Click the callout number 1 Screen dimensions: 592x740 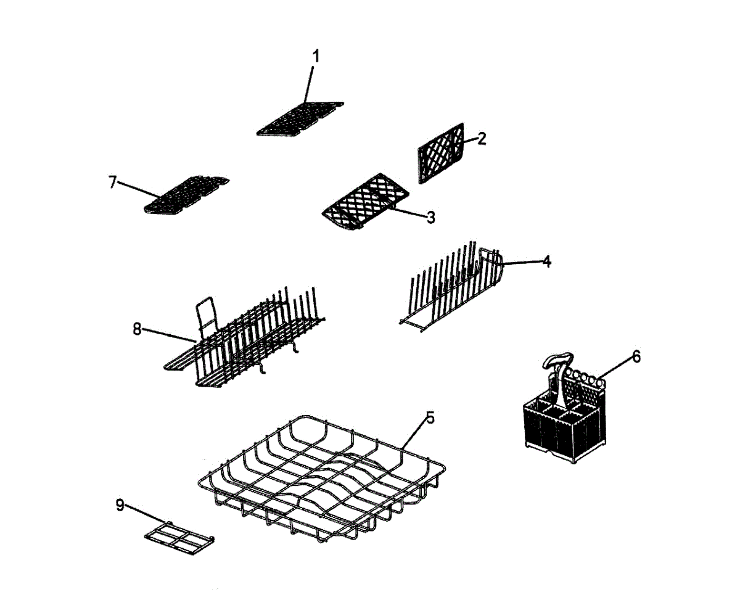pos(315,56)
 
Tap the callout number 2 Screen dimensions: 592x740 pos(482,138)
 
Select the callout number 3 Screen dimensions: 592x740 pos(430,217)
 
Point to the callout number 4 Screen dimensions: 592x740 pos(546,261)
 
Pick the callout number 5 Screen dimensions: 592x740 pos(430,417)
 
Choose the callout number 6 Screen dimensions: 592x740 pos(636,356)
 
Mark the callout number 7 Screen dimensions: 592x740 pos(112,183)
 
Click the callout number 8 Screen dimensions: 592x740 pos(137,329)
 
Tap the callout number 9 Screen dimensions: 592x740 pos(120,505)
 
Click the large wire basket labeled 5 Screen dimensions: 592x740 pos(321,475)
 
